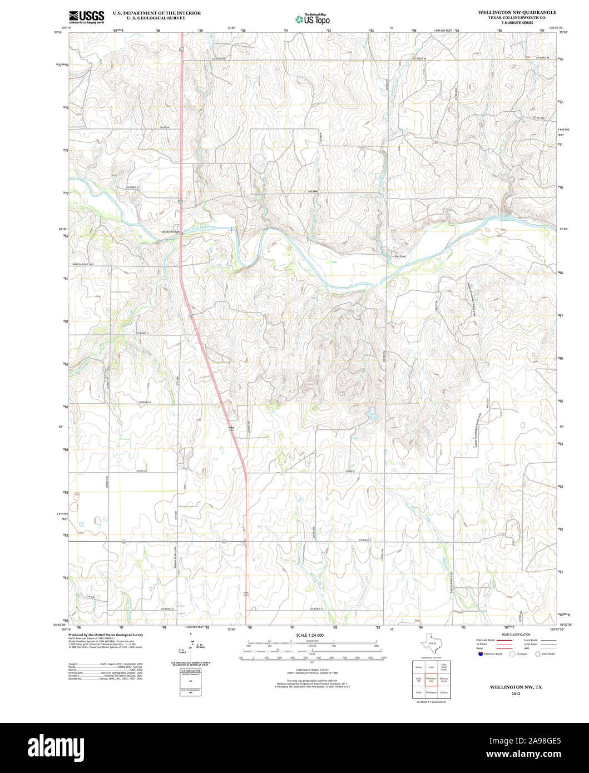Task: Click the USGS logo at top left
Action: click(86, 17)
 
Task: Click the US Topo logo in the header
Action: click(313, 19)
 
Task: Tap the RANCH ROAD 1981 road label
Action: click(83, 264)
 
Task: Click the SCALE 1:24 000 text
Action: click(310, 635)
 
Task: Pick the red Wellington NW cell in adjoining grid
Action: click(431, 679)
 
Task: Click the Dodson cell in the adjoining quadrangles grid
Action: click(444, 692)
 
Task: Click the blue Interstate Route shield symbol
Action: click(480, 654)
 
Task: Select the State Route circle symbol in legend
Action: click(537, 654)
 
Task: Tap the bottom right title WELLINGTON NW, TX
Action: click(516, 687)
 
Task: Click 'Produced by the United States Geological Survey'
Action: click(105, 635)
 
